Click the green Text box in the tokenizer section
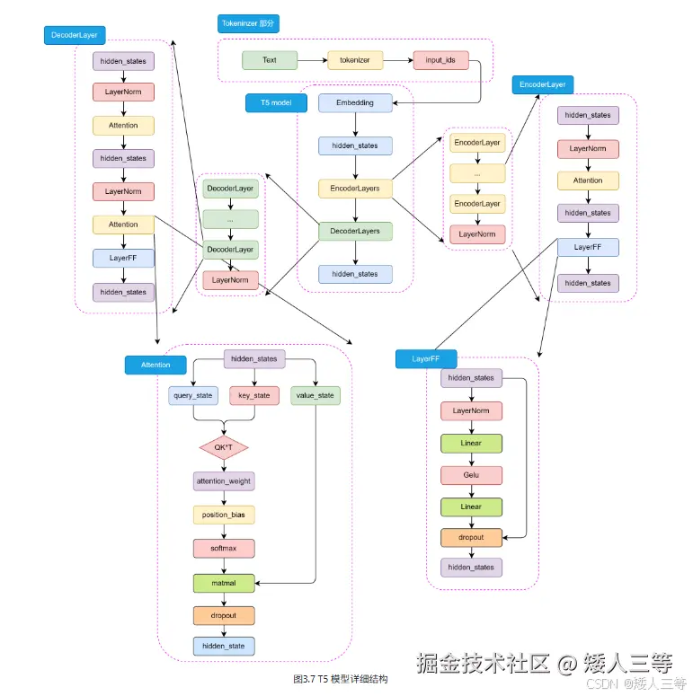[269, 60]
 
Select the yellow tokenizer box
[355, 60]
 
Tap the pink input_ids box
[440, 60]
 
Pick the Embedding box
[355, 102]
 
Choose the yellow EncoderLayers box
[355, 189]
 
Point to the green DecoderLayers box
[355, 231]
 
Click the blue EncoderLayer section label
[543, 84]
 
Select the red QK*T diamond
[223, 446]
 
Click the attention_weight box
[224, 481]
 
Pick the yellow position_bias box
[224, 515]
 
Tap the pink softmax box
[224, 548]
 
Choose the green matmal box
[224, 582]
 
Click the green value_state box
[315, 395]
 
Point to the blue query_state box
[193, 395]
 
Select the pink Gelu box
[471, 475]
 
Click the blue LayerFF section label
[426, 359]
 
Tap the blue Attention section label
[155, 365]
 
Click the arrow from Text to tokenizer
[311, 60]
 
